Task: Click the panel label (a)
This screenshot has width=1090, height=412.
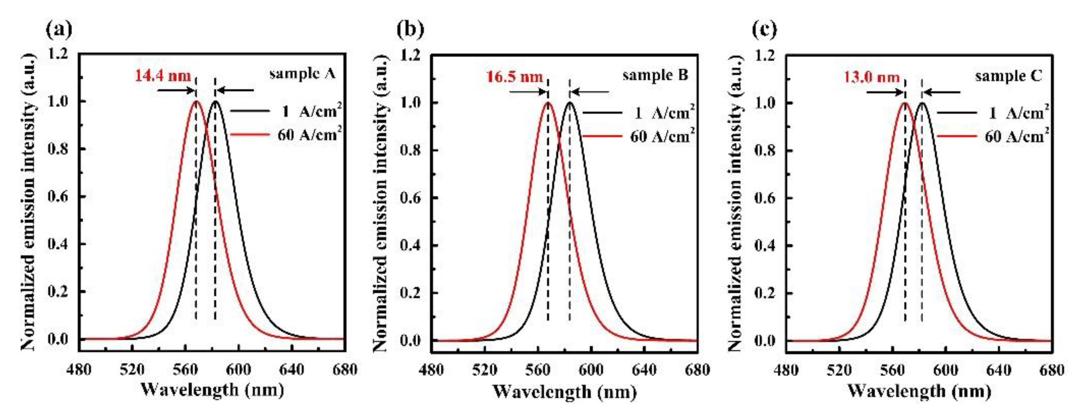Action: (x=59, y=29)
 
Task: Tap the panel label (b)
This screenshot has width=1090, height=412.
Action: (x=411, y=29)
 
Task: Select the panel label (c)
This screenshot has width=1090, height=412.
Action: (x=764, y=29)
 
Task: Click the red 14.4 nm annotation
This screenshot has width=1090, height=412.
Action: (x=163, y=77)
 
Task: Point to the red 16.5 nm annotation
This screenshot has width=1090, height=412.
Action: (x=515, y=77)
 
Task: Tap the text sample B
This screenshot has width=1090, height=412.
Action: (x=655, y=76)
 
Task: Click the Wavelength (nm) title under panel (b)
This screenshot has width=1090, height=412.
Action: (x=564, y=391)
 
